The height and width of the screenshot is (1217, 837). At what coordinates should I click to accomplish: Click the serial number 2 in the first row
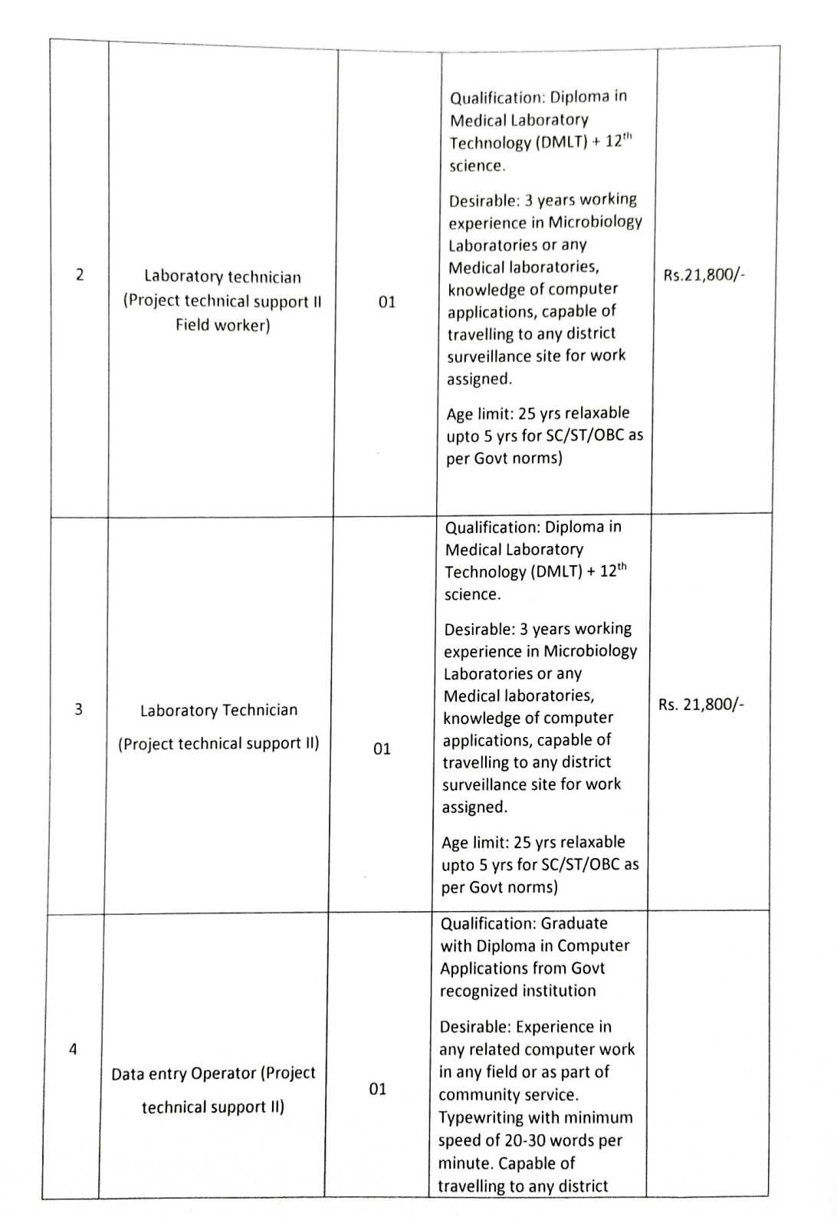80,275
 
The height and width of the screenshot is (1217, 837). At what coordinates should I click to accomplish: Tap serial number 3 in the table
78,709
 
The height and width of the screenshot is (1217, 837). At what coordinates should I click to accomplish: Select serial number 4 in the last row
73,1048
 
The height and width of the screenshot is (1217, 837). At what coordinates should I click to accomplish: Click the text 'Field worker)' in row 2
222,325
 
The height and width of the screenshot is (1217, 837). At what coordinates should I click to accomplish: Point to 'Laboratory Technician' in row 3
218,710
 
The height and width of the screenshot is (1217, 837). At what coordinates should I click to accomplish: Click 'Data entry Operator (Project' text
213,1073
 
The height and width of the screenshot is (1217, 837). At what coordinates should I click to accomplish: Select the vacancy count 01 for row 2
387,301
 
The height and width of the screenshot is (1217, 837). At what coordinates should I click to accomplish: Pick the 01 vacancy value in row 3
382,748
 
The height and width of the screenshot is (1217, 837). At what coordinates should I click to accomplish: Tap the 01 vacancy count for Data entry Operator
378,1089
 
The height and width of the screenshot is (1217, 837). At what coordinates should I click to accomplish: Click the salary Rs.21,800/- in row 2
704,275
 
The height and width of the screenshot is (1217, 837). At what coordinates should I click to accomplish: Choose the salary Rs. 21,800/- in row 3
701,704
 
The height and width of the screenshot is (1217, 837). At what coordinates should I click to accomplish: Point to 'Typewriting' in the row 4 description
481,1117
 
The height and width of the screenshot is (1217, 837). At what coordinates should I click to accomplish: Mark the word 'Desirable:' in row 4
474,1027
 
